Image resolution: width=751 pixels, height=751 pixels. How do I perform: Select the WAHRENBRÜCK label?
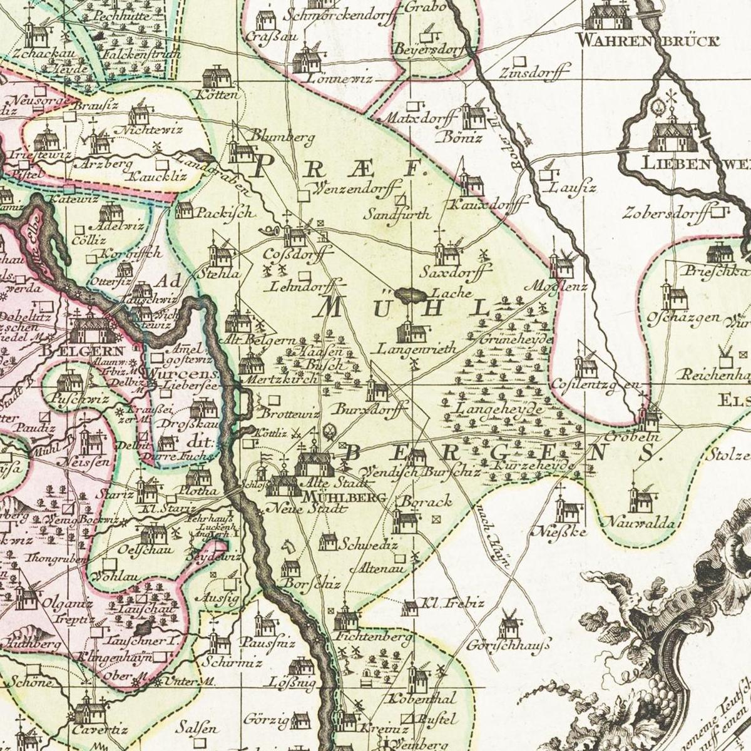(648, 42)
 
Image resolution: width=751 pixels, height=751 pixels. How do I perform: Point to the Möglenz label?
(559, 287)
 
